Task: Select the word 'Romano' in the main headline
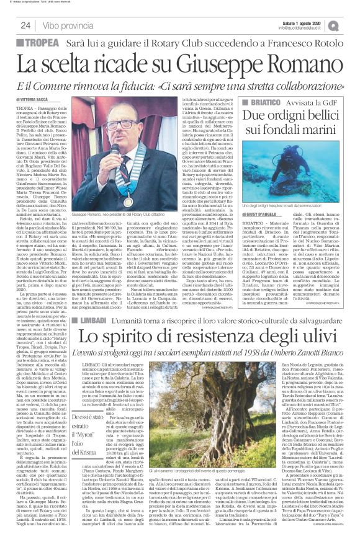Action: [294, 63]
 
